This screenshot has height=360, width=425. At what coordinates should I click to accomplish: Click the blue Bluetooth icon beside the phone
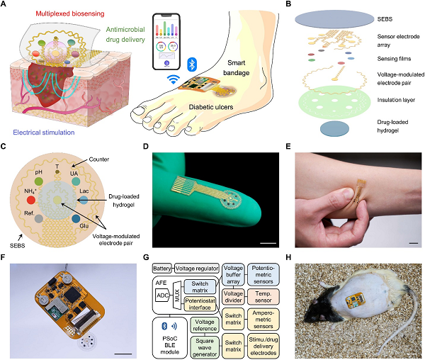(191, 64)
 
